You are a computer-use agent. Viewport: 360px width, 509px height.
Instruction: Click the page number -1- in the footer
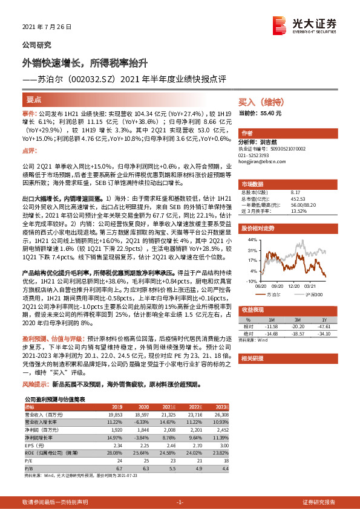click(x=179, y=502)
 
